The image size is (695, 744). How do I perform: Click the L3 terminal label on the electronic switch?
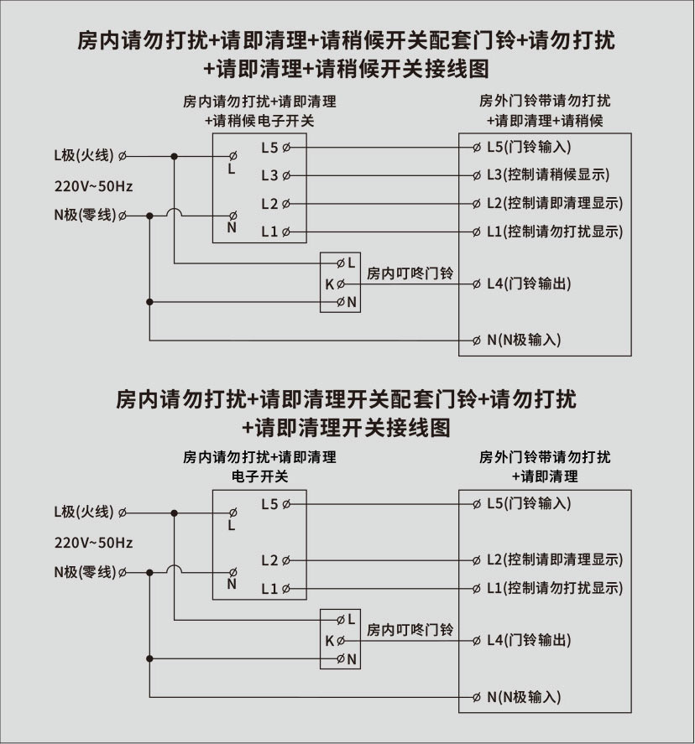[269, 175]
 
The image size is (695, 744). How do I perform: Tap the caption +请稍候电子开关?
[259, 121]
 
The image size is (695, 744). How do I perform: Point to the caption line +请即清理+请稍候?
[545, 121]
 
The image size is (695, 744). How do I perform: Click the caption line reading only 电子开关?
[259, 476]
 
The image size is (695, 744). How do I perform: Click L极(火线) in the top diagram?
[83, 155]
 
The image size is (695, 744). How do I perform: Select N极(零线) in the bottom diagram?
[83, 573]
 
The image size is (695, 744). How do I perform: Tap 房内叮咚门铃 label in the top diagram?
[410, 273]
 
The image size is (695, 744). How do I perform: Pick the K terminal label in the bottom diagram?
[329, 641]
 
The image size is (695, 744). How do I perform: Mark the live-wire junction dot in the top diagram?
[175, 156]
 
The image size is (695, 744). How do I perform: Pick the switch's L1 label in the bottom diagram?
[269, 589]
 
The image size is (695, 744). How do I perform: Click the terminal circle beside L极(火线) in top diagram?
[123, 156]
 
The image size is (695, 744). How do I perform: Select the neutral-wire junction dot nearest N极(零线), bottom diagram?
[149, 573]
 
